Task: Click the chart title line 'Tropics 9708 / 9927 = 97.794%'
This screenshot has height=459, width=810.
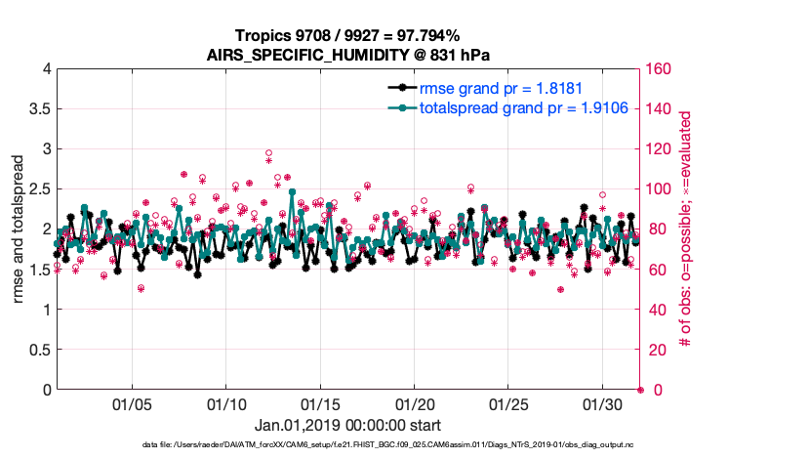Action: (348, 35)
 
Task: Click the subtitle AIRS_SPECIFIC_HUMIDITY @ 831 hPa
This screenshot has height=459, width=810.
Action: (348, 55)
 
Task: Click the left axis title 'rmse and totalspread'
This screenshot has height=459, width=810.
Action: (18, 229)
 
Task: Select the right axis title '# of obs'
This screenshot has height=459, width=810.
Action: (686, 229)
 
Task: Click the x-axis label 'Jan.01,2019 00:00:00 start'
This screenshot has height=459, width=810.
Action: (348, 426)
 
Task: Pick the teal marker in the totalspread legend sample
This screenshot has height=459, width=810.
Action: (398, 107)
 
